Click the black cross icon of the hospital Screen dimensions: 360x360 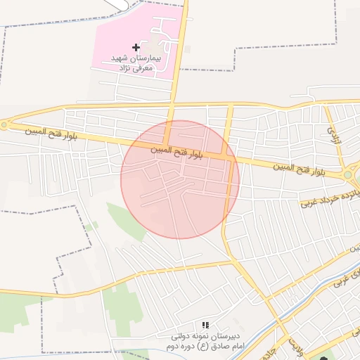point(136,46)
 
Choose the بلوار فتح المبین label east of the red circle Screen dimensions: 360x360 point(300,168)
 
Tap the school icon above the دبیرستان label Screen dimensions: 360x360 point(205,325)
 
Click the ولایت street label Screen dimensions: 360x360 point(296,345)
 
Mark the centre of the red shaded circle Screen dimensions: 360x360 point(180,179)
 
